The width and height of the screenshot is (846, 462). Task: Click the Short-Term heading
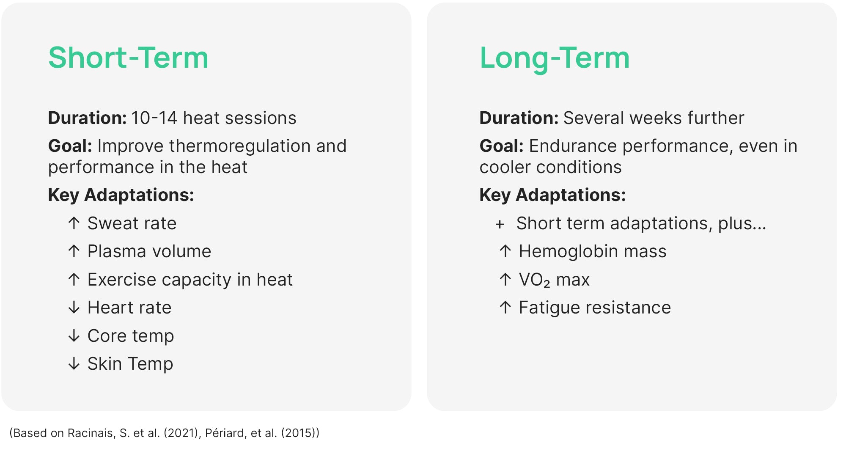pyautogui.click(x=128, y=58)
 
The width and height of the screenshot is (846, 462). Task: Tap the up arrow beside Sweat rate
pyautogui.click(x=74, y=223)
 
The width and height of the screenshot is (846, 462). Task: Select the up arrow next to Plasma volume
pyautogui.click(x=74, y=251)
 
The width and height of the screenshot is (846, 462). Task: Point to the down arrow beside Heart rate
pyautogui.click(x=74, y=308)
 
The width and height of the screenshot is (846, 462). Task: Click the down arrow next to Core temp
pyautogui.click(x=74, y=336)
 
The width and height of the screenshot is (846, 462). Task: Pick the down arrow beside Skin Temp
pyautogui.click(x=74, y=364)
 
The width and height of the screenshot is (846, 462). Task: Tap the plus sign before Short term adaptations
pyautogui.click(x=500, y=224)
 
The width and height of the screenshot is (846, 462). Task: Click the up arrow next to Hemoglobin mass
pyautogui.click(x=505, y=251)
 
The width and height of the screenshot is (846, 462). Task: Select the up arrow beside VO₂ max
pyautogui.click(x=505, y=280)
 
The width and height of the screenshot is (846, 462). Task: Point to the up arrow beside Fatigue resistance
pyautogui.click(x=505, y=308)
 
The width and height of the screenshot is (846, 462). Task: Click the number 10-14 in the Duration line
pyautogui.click(x=154, y=118)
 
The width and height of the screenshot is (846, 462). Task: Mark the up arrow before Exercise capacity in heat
pyautogui.click(x=74, y=280)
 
